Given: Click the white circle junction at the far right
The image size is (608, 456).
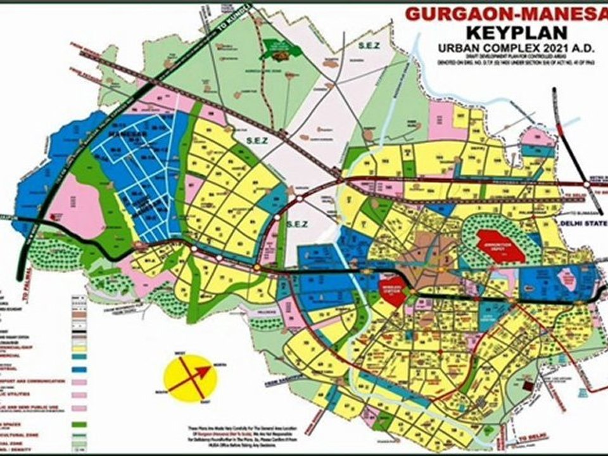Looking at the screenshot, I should (x=587, y=183).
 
